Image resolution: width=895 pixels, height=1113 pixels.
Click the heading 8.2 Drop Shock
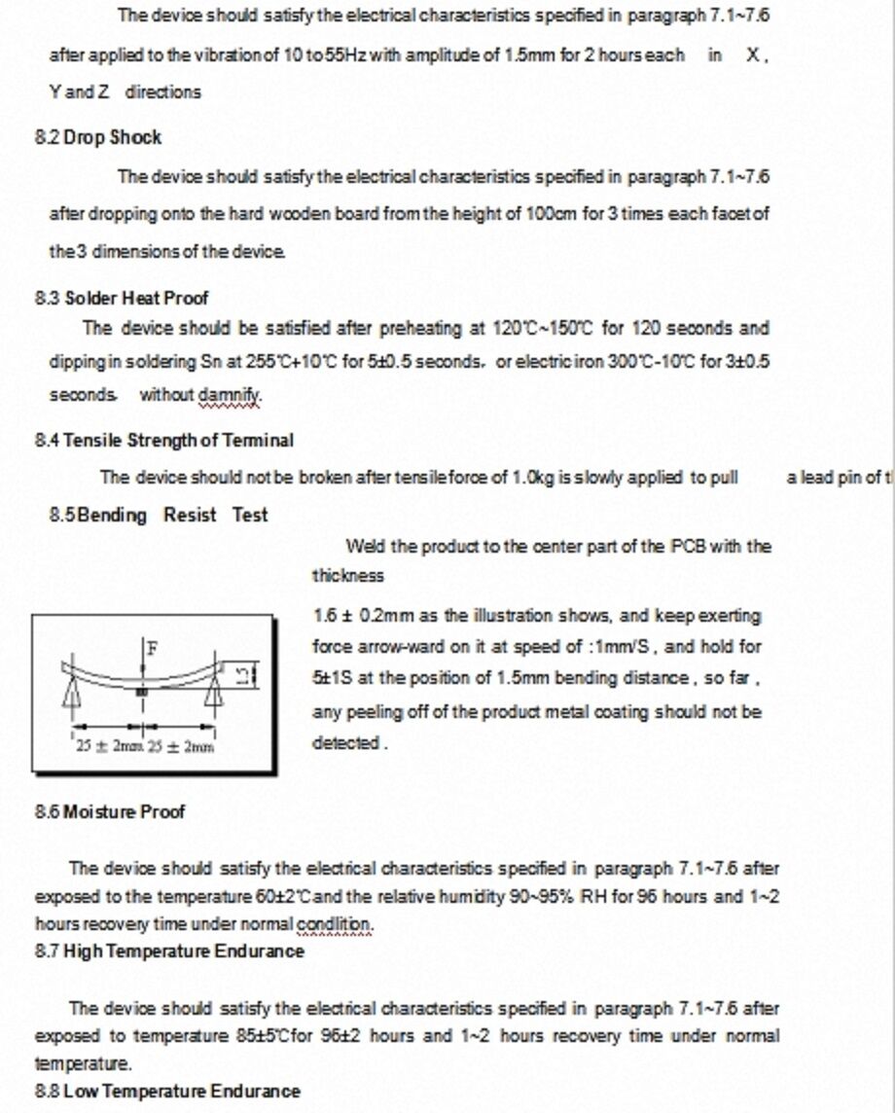pyautogui.click(x=98, y=137)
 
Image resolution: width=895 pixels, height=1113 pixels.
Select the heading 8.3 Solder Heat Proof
pyautogui.click(x=122, y=298)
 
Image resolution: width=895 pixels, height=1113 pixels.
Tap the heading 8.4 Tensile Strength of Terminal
pyautogui.click(x=164, y=441)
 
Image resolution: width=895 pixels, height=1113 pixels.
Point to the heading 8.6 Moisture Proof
pyautogui.click(x=110, y=811)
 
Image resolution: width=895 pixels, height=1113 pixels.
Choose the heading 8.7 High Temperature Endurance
pyautogui.click(x=169, y=951)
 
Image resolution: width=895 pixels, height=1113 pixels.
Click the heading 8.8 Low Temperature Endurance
pyautogui.click(x=167, y=1091)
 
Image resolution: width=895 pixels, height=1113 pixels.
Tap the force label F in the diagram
pyautogui.click(x=151, y=647)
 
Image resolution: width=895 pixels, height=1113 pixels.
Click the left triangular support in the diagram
pyautogui.click(x=71, y=692)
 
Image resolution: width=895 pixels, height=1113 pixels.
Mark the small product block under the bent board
pyautogui.click(x=142, y=690)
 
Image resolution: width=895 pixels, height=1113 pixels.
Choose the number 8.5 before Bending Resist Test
pyautogui.click(x=62, y=515)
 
